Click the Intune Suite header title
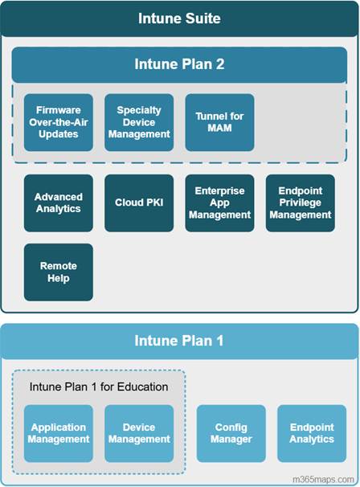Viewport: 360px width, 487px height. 179,18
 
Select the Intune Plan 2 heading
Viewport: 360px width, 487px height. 179,64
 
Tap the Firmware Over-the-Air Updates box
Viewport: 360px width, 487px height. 59,122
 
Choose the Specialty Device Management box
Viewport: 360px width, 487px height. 139,122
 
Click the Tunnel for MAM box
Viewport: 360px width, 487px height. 219,122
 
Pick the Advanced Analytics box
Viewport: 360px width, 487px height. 59,203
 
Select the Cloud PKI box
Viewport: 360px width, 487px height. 139,203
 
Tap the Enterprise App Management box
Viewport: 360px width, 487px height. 219,203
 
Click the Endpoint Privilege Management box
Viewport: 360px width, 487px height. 301,203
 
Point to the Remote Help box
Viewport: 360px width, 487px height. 59,272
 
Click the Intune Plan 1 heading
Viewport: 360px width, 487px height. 179,341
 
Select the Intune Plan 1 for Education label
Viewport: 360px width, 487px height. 99,387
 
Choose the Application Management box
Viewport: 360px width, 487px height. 59,433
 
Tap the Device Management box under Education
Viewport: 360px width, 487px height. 139,433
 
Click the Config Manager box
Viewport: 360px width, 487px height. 231,433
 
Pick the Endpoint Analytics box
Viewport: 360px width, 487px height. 312,433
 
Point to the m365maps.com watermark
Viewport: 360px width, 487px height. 323,480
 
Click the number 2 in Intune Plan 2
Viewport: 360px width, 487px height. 220,64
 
